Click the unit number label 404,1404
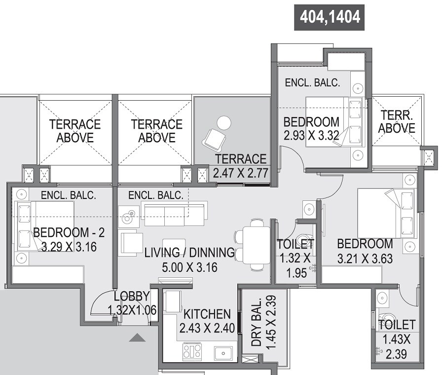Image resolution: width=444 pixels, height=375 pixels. point(329,17)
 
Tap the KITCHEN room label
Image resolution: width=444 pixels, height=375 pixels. point(206,314)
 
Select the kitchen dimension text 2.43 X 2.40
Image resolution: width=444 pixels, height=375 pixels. point(206,328)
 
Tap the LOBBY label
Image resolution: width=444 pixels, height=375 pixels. point(132,297)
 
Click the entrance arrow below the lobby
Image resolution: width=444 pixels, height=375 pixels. point(138,338)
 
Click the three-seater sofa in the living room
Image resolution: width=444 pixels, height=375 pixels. point(173,212)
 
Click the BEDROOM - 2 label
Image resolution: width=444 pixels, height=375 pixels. point(69,232)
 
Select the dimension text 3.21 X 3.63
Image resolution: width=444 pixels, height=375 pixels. point(365,258)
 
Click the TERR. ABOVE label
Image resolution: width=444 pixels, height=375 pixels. point(398,122)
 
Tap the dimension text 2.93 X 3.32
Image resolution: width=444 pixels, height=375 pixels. point(311,136)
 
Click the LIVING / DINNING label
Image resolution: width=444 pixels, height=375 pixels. point(189,253)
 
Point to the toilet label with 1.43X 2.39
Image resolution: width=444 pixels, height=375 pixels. point(397,324)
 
